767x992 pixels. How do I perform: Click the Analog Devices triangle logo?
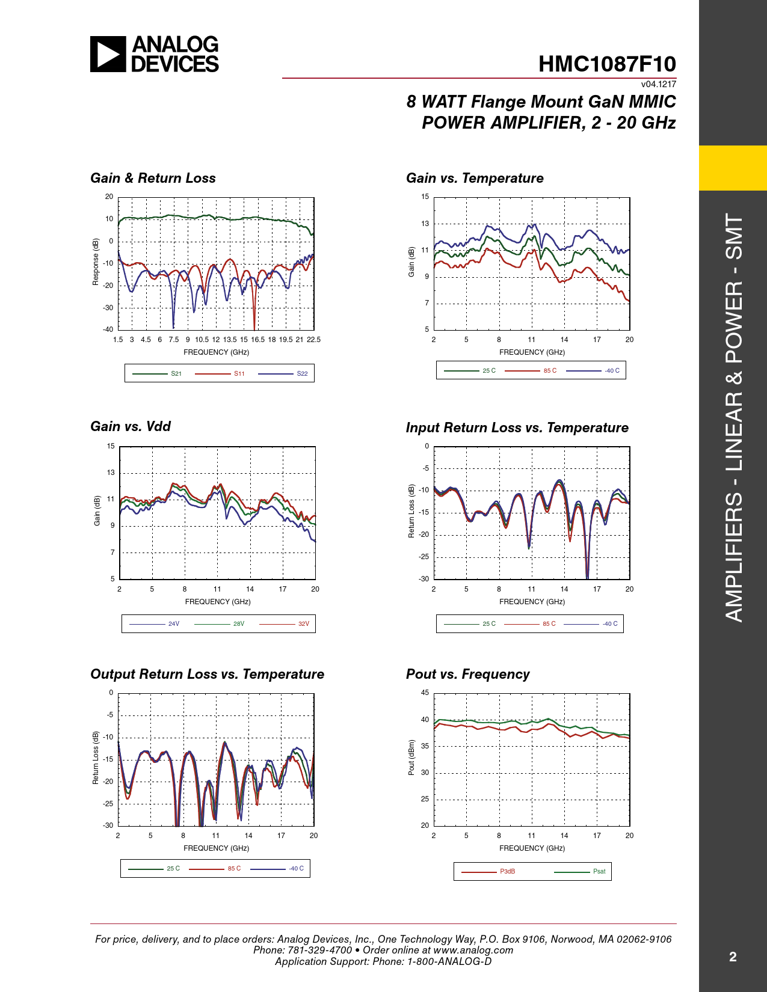108,54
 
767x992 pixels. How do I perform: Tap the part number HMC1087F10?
607,64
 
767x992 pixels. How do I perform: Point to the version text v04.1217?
658,84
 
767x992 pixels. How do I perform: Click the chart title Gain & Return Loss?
153,178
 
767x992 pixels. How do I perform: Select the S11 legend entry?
239,373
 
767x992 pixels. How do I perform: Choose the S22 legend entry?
302,373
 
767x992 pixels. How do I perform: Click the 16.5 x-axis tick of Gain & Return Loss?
257,340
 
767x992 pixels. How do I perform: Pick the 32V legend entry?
304,623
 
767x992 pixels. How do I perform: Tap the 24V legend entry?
173,623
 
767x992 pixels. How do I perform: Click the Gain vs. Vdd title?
131,426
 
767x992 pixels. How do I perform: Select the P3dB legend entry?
507,871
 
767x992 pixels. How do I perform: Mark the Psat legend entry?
599,871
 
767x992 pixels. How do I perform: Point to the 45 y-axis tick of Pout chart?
425,693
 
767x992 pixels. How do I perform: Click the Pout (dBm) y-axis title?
411,758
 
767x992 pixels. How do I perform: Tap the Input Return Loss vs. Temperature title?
517,427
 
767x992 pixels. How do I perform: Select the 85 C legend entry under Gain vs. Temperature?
550,370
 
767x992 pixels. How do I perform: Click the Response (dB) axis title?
96,262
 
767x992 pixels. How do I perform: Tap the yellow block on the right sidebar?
733,168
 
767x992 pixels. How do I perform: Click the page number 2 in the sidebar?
733,957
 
